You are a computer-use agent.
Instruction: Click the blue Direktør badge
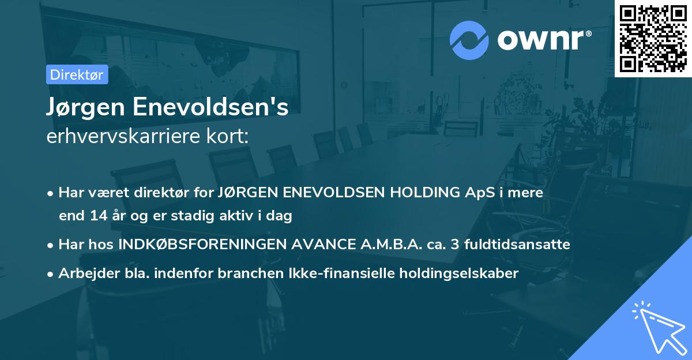click(x=77, y=74)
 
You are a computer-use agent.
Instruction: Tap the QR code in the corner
click(x=653, y=38)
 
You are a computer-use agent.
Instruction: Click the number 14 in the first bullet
click(x=96, y=216)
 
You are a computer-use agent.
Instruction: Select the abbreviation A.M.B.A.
click(x=390, y=245)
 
